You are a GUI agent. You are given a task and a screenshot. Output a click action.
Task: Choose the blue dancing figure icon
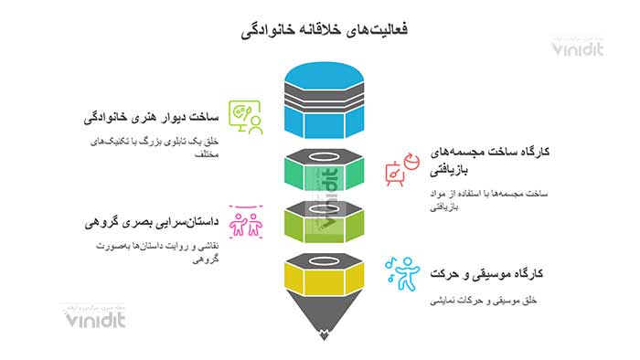pos(400,273)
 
